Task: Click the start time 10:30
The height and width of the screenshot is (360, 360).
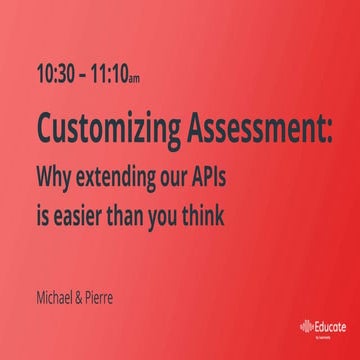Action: click(55, 73)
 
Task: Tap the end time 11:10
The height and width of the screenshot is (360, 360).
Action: click(113, 73)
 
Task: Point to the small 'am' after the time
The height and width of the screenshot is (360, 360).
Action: click(147, 77)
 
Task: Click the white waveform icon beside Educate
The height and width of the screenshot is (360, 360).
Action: click(306, 326)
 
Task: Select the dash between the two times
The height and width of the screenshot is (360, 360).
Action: click(82, 74)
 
